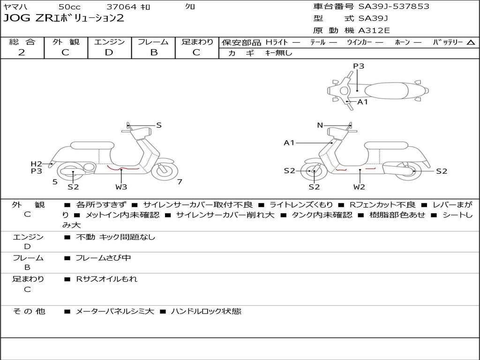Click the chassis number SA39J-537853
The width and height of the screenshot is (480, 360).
click(x=394, y=7)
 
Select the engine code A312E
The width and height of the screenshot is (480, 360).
click(x=374, y=30)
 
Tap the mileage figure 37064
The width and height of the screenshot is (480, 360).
click(x=120, y=7)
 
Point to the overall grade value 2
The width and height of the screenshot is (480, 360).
click(x=22, y=52)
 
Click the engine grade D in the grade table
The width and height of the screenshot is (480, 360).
click(x=109, y=52)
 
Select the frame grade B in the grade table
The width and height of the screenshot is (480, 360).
click(x=154, y=52)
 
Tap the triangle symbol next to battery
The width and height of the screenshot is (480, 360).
click(x=471, y=42)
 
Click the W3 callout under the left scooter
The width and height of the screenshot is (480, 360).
click(x=121, y=187)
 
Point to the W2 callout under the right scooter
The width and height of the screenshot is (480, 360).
click(x=359, y=187)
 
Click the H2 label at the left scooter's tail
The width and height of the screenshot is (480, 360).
click(x=36, y=164)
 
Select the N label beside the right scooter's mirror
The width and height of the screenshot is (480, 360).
click(x=320, y=125)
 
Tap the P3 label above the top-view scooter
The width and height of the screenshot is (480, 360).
click(x=359, y=66)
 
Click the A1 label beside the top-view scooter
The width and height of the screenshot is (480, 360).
click(x=362, y=102)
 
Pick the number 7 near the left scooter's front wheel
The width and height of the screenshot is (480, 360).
click(x=180, y=182)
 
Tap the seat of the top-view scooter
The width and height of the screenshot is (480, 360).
click(x=386, y=90)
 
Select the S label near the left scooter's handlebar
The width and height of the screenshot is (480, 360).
click(x=158, y=125)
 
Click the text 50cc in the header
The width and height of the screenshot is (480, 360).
click(x=69, y=7)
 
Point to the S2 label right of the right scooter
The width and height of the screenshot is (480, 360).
click(x=442, y=171)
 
